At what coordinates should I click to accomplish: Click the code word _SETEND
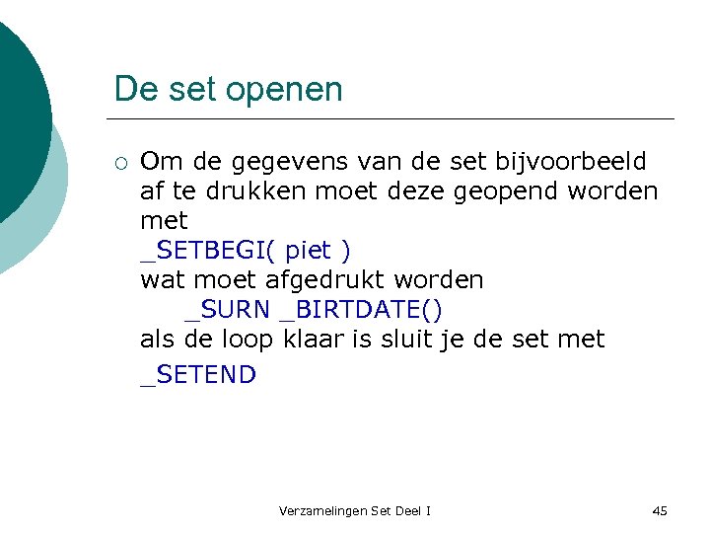198,375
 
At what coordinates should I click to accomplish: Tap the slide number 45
660,511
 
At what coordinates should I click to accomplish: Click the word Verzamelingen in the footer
323,511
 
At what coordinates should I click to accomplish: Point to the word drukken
256,190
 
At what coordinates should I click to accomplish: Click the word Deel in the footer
406,511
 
